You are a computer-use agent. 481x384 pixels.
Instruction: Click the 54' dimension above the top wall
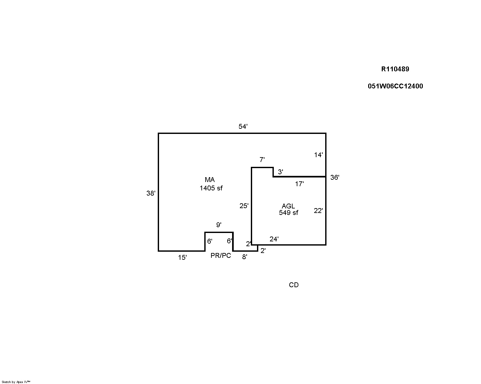click(243, 126)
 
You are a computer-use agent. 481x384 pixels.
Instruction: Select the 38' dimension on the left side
click(151, 193)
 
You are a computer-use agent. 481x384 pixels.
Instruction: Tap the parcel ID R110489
click(395, 69)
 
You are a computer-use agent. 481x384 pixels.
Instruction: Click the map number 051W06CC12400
click(395, 86)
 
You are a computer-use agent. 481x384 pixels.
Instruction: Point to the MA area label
click(210, 180)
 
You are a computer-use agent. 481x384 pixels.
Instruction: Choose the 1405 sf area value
click(211, 188)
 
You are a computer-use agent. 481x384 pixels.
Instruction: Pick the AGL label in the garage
click(288, 206)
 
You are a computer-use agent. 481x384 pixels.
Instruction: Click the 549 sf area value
click(288, 213)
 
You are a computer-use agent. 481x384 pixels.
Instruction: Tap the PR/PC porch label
click(220, 256)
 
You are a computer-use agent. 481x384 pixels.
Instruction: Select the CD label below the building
click(294, 285)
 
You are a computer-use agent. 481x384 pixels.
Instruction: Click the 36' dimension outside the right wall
click(335, 177)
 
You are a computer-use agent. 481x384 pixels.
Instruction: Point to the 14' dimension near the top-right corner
click(318, 155)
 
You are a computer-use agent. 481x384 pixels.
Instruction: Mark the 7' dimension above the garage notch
click(262, 160)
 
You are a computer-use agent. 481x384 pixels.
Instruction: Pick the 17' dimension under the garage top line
click(299, 184)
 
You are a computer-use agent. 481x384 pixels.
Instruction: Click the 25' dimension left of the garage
click(244, 206)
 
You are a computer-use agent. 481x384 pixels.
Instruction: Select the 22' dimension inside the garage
click(318, 211)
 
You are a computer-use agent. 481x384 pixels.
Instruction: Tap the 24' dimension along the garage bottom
click(274, 239)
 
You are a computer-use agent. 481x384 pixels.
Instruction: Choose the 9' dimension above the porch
click(219, 225)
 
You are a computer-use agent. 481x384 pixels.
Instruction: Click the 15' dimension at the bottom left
click(182, 258)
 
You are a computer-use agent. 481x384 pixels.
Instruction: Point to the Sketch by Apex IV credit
click(16, 382)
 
